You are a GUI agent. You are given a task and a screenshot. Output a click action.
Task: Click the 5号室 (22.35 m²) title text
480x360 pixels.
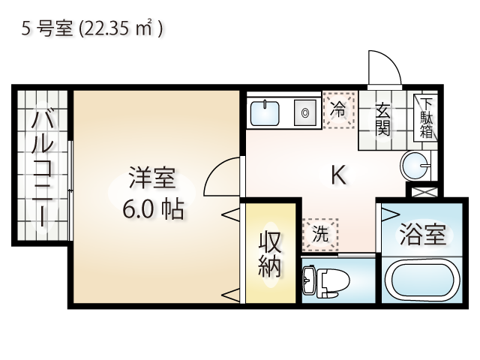(91, 28)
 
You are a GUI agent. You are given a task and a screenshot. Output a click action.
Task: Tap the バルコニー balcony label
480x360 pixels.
(42, 168)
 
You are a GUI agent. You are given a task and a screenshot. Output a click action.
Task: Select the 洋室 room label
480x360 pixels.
(152, 178)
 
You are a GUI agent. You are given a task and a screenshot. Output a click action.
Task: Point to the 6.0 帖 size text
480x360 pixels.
(153, 209)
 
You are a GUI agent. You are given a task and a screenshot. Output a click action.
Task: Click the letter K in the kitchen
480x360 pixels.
(339, 175)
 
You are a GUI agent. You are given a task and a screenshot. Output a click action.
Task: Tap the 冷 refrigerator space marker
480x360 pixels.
(339, 110)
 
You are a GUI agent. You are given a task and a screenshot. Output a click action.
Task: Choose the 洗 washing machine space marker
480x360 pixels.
(320, 235)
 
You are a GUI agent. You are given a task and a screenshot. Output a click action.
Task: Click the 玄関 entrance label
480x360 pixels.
(382, 120)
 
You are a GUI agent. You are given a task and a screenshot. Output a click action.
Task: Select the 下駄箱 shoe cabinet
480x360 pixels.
(425, 118)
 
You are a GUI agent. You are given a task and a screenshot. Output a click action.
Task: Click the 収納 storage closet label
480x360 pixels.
(270, 254)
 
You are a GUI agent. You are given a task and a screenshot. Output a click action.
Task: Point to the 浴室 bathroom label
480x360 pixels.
(423, 235)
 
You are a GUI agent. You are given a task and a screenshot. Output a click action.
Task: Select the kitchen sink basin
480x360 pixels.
(265, 113)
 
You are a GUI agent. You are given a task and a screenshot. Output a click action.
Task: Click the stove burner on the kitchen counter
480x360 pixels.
(305, 113)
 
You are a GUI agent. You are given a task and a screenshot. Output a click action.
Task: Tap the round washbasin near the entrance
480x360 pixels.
(415, 166)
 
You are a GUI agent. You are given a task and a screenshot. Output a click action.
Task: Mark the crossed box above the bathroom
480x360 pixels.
(424, 192)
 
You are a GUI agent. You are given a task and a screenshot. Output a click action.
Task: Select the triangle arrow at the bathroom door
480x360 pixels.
(388, 214)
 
